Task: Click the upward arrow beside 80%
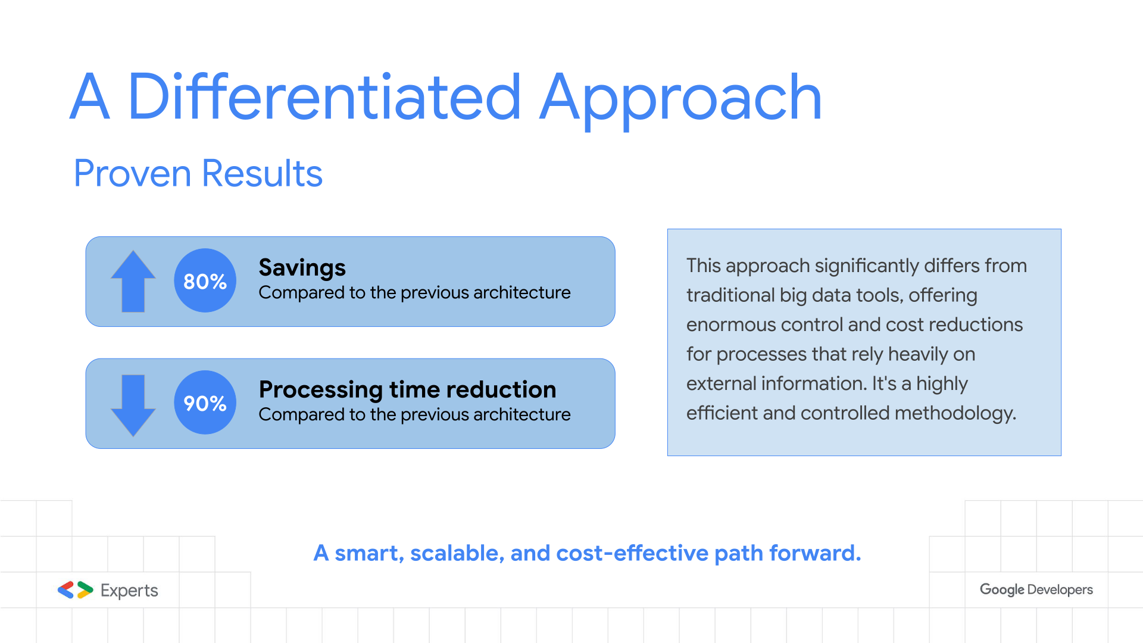pyautogui.click(x=133, y=281)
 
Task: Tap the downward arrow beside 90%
pyautogui.click(x=133, y=405)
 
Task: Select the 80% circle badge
pyautogui.click(x=205, y=280)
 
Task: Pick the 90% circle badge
pyautogui.click(x=205, y=402)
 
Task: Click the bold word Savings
pyautogui.click(x=302, y=268)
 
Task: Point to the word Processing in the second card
pyautogui.click(x=321, y=391)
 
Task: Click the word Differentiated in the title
pyautogui.click(x=324, y=96)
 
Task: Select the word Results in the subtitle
pyautogui.click(x=262, y=174)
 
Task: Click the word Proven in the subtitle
pyautogui.click(x=133, y=174)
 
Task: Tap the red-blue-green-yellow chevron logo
pyautogui.click(x=76, y=590)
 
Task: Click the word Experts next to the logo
pyautogui.click(x=129, y=591)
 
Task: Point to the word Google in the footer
pyautogui.click(x=1002, y=590)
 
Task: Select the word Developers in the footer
pyautogui.click(x=1060, y=590)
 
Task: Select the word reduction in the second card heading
pyautogui.click(x=501, y=389)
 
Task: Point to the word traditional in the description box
pyautogui.click(x=730, y=295)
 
